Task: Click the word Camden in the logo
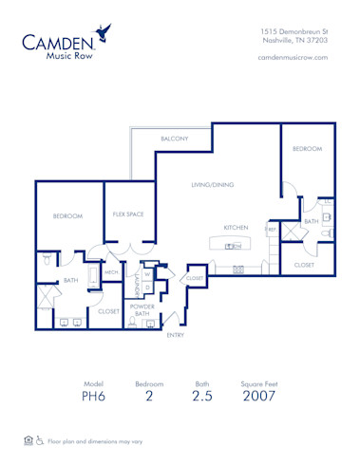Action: pyautogui.click(x=60, y=41)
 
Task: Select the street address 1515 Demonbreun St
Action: pyautogui.click(x=294, y=31)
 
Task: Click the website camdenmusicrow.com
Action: pyautogui.click(x=293, y=58)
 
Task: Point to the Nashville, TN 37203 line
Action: pyautogui.click(x=294, y=41)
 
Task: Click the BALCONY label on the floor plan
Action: pyautogui.click(x=175, y=139)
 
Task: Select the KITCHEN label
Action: pyautogui.click(x=236, y=228)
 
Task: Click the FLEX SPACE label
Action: pyautogui.click(x=128, y=214)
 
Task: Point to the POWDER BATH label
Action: pyautogui.click(x=142, y=309)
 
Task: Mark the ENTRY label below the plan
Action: pyautogui.click(x=176, y=335)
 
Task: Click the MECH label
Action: pyautogui.click(x=111, y=271)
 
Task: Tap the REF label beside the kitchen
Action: pyautogui.click(x=272, y=229)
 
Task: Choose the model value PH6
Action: pyautogui.click(x=93, y=397)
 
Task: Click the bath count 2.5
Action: pyautogui.click(x=200, y=397)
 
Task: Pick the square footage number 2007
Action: pyautogui.click(x=257, y=397)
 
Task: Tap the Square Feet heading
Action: pyautogui.click(x=257, y=383)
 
